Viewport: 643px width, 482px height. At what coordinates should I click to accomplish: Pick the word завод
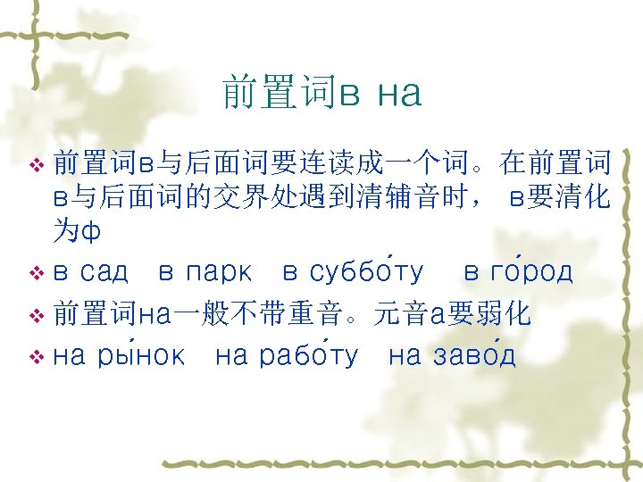coord(473,357)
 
